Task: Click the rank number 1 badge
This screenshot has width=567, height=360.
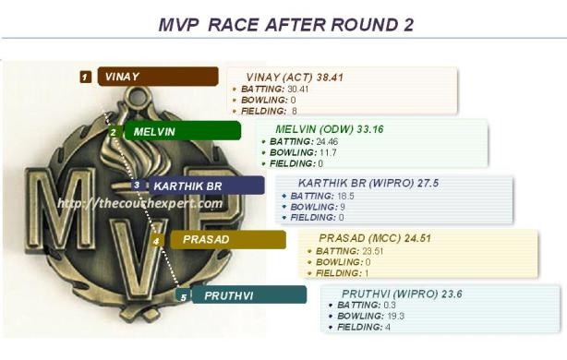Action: (85, 77)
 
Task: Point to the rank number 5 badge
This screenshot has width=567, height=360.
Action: (183, 296)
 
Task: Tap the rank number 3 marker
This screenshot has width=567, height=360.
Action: (136, 186)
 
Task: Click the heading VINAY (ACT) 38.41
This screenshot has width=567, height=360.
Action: (295, 77)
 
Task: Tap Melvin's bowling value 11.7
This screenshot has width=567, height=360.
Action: (326, 152)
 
